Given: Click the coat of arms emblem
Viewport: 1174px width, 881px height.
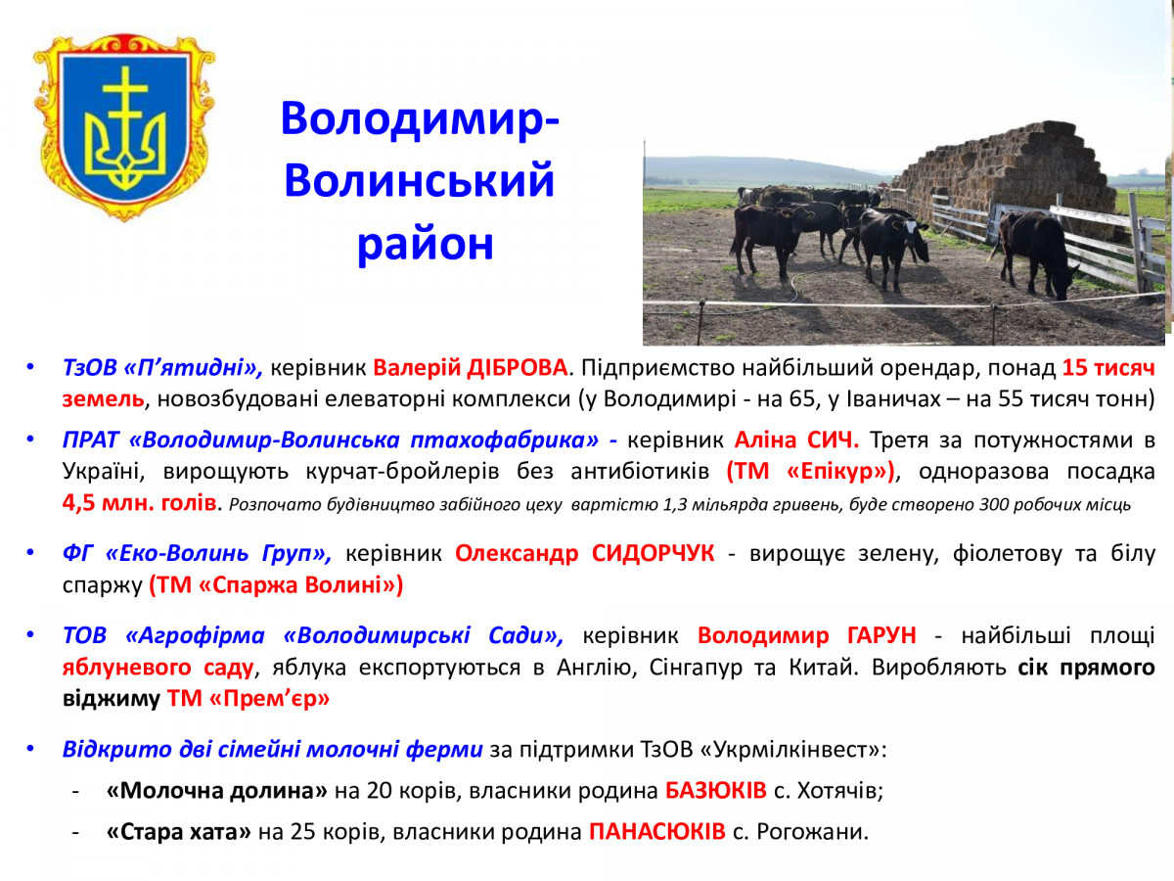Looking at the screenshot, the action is [x=124, y=127].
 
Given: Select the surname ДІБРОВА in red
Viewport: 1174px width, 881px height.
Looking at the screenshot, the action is [x=517, y=368].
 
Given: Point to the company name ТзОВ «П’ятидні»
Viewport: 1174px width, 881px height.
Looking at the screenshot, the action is [x=162, y=368].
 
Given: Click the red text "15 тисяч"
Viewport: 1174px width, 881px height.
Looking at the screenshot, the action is [x=1108, y=368].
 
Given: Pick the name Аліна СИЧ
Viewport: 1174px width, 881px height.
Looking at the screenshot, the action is [x=796, y=440].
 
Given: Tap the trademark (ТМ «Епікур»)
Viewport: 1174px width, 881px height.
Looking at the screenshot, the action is [x=810, y=472].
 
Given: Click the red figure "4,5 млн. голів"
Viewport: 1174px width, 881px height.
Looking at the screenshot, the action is [x=140, y=503].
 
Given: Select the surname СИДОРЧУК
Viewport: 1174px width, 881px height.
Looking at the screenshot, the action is [x=654, y=553].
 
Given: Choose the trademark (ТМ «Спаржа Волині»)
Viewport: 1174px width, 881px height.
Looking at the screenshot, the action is [x=276, y=584].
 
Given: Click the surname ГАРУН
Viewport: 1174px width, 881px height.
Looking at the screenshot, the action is [x=882, y=635].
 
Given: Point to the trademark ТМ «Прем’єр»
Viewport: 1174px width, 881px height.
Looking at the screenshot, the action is [x=248, y=699].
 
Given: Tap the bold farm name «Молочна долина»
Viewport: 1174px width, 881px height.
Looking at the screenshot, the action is [x=217, y=791].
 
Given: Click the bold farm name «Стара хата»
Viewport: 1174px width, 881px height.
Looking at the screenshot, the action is [x=179, y=832].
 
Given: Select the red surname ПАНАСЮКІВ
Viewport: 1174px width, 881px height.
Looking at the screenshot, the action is [x=657, y=832].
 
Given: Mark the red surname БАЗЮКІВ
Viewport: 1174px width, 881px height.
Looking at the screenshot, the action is [x=716, y=791].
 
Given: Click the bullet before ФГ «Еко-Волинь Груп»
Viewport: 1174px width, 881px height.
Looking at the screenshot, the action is [x=30, y=552].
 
